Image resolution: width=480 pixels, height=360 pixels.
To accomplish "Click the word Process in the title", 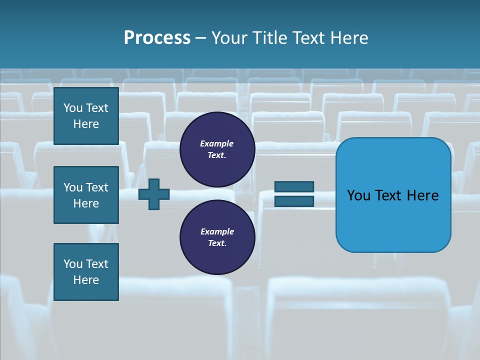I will coord(157,38).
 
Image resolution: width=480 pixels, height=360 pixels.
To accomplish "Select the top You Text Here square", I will coord(86,116).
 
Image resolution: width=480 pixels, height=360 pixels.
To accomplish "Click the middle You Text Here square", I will coord(86,195).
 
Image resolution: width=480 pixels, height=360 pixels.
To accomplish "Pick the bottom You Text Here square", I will coord(86,272).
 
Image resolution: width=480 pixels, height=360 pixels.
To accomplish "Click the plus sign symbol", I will coord(154,193).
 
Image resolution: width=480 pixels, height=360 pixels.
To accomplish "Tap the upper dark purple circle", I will coord(217,149).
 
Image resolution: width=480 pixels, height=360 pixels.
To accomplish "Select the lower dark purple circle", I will coord(217,237).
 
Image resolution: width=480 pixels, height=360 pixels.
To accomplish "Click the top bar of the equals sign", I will coord(294,187).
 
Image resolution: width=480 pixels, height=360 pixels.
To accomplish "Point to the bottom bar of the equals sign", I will coord(294,201).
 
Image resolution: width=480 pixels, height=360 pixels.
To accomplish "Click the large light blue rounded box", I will coord(393,195).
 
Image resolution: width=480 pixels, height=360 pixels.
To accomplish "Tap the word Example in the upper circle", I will coord(217,143).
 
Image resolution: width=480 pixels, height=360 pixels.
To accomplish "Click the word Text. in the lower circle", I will coord(217,243).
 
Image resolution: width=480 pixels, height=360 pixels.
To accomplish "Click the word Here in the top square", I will coord(86,124).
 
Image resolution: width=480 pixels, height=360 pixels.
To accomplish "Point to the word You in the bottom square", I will coord(73,264).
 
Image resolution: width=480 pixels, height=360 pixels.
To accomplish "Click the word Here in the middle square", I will coord(86,203).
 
